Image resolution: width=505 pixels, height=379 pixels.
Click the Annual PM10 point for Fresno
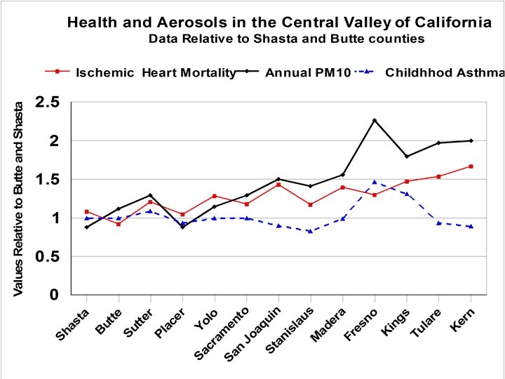[375, 120]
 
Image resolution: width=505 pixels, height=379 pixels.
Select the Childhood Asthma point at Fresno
[375, 182]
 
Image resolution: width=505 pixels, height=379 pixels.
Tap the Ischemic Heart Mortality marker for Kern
[471, 166]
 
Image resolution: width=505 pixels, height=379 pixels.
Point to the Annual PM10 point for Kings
[407, 156]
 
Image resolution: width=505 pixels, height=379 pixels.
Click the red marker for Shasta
[86, 211]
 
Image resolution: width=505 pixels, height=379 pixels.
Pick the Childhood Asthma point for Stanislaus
[310, 231]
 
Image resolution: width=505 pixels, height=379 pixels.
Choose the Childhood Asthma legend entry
[442, 72]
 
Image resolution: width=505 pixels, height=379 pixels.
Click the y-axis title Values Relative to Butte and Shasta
[19, 198]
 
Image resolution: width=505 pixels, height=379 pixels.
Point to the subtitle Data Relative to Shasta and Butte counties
[286, 39]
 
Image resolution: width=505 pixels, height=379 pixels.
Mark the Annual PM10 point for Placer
[182, 227]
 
